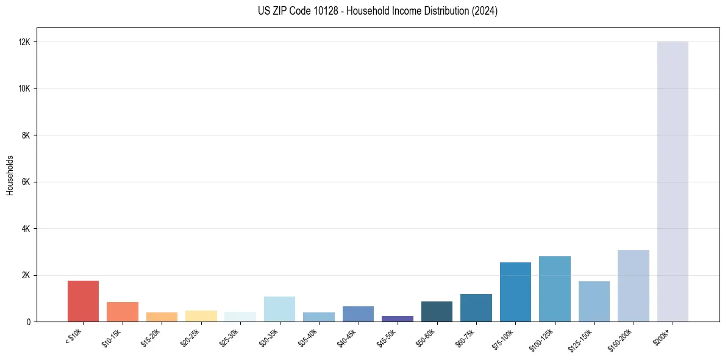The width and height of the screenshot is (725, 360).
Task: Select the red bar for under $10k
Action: tap(83, 301)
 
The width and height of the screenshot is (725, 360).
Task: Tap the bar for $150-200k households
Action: tap(634, 286)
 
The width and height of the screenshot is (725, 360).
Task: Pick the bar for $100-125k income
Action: tap(555, 289)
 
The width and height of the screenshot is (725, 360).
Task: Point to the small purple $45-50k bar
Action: tap(398, 319)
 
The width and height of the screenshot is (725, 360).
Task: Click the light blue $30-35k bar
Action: tap(279, 309)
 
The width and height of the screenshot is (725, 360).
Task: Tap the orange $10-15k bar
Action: tap(123, 312)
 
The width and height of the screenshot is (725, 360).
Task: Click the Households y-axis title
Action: tap(10, 175)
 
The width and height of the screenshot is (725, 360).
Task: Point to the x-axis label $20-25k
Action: tap(190, 337)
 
